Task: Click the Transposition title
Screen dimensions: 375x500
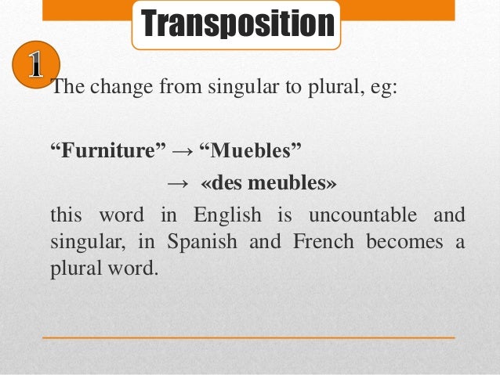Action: pos(237,23)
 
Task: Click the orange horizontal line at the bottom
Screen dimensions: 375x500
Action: pos(248,337)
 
